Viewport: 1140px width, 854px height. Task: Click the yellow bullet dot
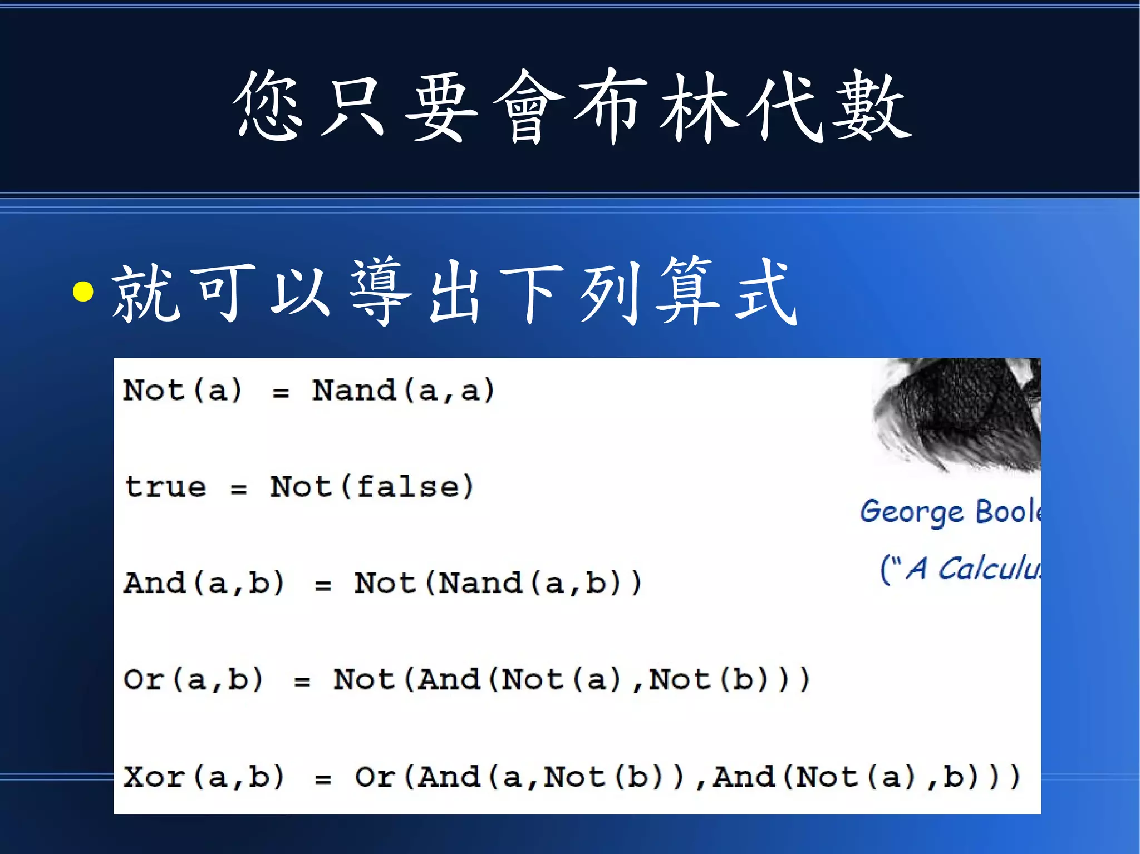click(x=83, y=292)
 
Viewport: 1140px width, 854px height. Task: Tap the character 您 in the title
click(x=269, y=106)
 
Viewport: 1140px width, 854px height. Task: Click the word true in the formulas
click(x=165, y=487)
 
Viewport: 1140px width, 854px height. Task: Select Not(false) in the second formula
click(x=371, y=487)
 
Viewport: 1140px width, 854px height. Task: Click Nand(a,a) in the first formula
click(x=403, y=391)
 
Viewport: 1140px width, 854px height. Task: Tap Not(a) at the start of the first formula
click(x=183, y=391)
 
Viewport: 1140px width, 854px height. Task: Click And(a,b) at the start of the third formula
click(x=204, y=584)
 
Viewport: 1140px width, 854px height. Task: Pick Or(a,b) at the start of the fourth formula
click(x=193, y=680)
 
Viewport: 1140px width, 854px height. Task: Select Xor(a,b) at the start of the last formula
click(x=204, y=777)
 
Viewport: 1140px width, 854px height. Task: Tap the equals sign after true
click(x=239, y=490)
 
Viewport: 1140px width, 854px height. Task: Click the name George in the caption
click(x=912, y=512)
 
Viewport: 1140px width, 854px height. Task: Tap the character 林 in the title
click(x=700, y=106)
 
